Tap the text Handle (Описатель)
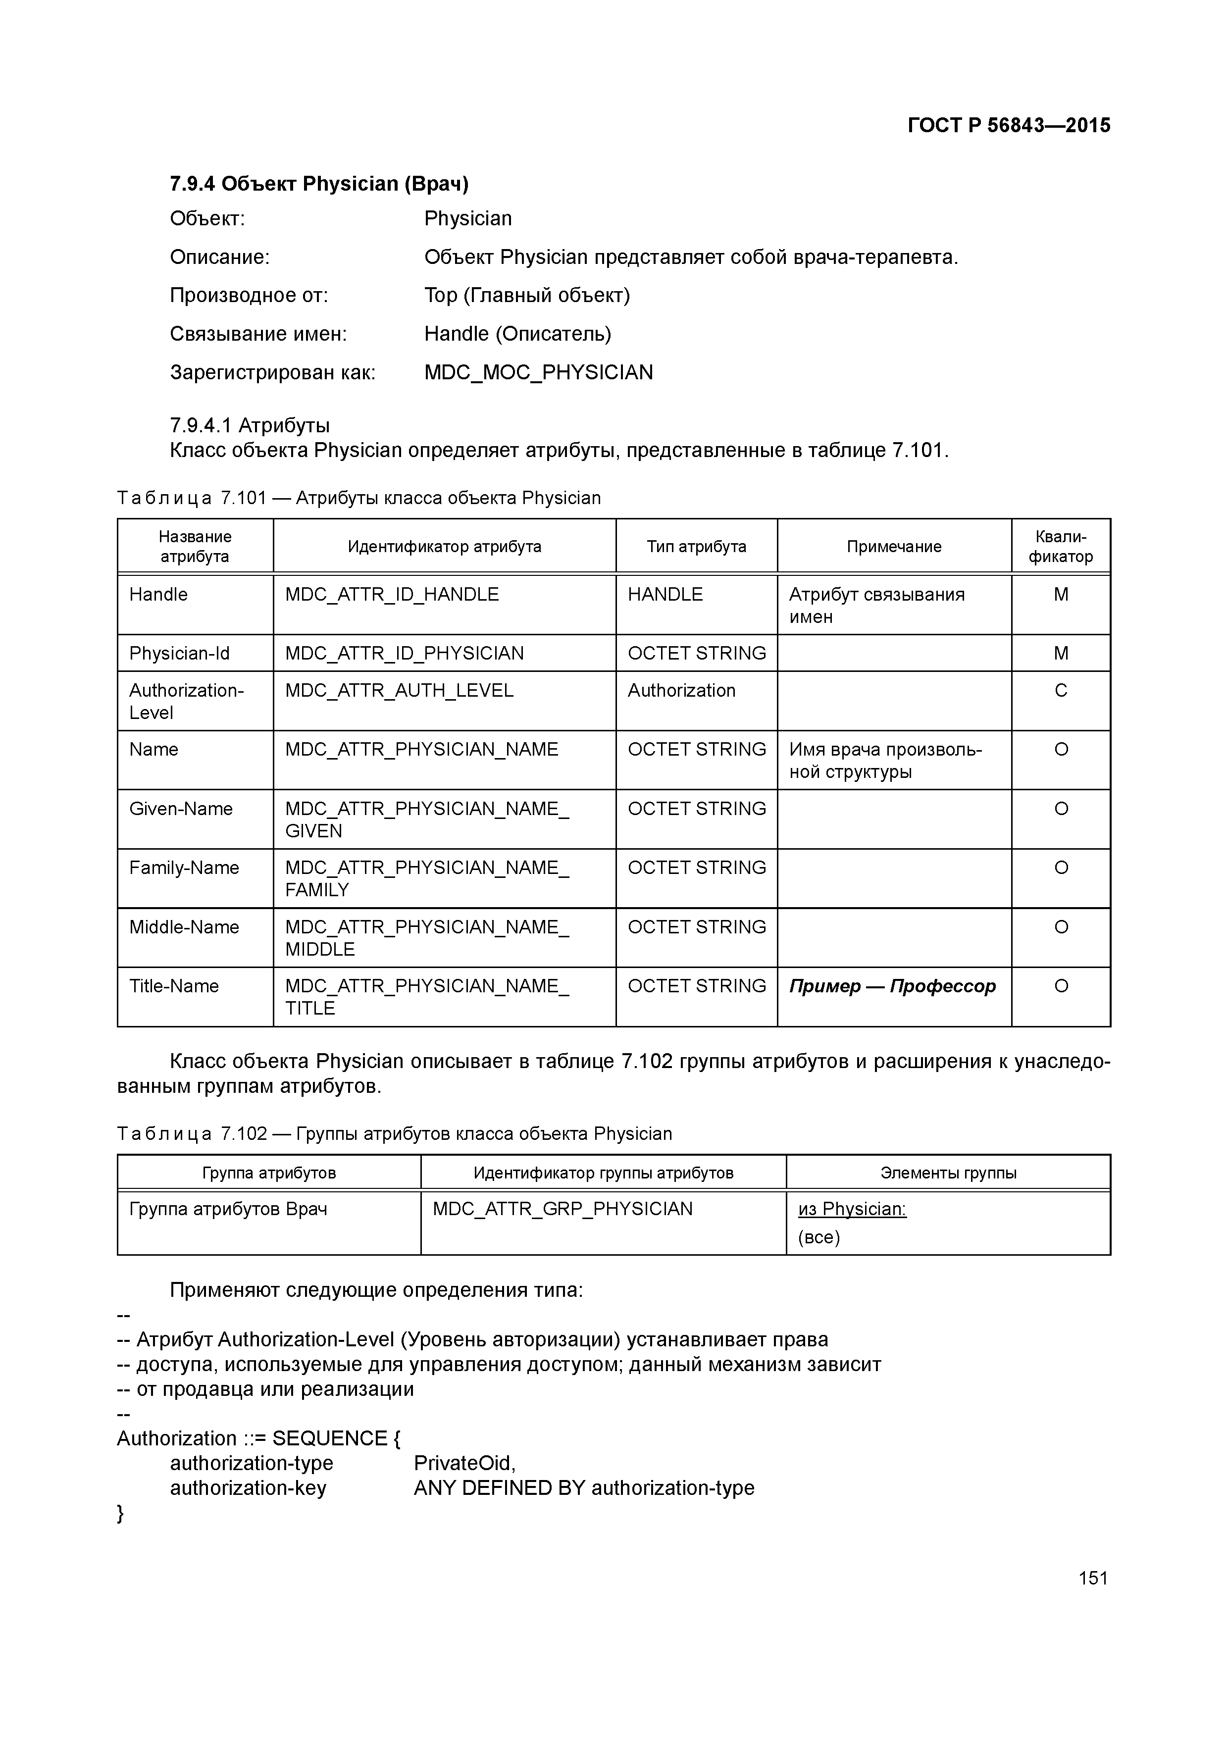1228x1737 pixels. click(x=517, y=334)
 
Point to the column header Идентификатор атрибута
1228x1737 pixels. click(x=444, y=546)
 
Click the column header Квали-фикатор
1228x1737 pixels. click(x=1060, y=546)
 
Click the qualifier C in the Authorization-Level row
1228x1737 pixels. click(x=1060, y=691)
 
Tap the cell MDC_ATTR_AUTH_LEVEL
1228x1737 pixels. click(x=399, y=691)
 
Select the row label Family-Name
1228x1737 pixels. click(x=184, y=868)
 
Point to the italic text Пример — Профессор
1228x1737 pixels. click(x=892, y=986)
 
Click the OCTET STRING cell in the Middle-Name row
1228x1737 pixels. click(x=696, y=927)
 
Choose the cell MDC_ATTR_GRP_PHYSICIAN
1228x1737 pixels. click(x=562, y=1209)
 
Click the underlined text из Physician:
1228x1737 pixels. click(x=852, y=1209)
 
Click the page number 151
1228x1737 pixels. click(x=1092, y=1578)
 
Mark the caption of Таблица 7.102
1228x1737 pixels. click(x=394, y=1134)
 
